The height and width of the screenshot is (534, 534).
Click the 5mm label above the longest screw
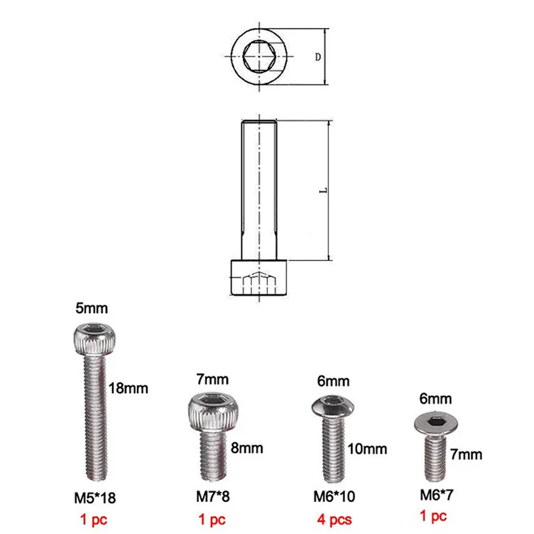92,310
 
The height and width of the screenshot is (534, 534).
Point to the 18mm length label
129,388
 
